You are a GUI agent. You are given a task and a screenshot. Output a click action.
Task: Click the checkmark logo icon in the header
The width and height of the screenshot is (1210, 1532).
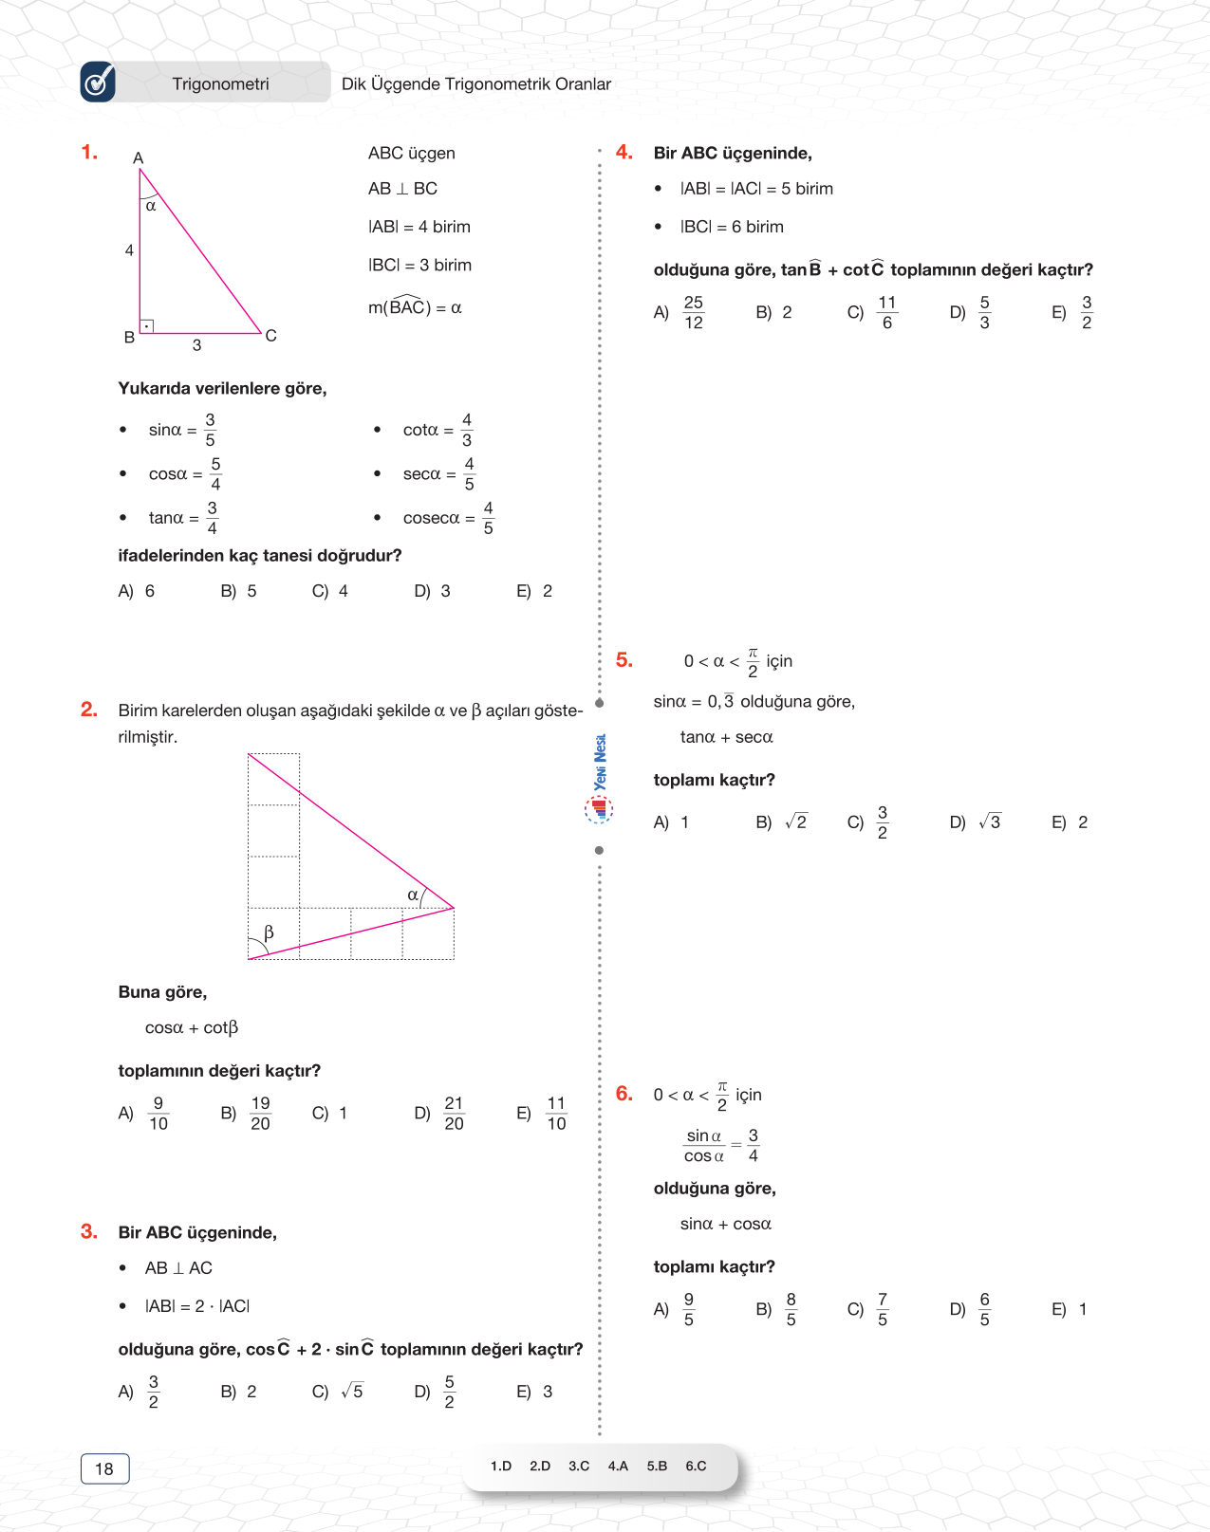[x=98, y=83]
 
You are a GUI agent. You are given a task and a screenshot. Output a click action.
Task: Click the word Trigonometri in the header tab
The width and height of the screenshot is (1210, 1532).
[x=220, y=84]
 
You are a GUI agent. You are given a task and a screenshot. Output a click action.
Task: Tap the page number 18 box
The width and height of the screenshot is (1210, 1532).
[x=104, y=1468]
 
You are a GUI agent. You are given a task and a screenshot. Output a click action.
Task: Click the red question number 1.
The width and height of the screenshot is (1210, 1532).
[x=89, y=152]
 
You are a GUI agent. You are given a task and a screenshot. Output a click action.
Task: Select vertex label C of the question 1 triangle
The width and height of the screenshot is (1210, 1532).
[x=271, y=336]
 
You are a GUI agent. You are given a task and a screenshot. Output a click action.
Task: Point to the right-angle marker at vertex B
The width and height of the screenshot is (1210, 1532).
[x=147, y=326]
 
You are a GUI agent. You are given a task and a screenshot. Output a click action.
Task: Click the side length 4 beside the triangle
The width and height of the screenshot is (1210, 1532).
[x=129, y=250]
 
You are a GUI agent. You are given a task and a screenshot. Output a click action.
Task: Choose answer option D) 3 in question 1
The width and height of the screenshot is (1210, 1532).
[x=433, y=591]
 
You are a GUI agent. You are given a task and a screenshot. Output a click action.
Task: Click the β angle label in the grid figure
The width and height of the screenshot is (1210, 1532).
[x=269, y=932]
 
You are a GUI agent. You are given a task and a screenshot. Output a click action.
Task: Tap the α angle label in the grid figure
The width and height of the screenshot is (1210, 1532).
[x=412, y=895]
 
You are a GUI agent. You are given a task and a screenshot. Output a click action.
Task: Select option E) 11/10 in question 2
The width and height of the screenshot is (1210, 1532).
[x=545, y=1113]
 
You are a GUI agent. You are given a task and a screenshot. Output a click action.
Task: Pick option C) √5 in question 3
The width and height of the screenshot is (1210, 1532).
[x=340, y=1392]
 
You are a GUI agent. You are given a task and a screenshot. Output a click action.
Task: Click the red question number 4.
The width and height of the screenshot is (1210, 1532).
[x=624, y=152]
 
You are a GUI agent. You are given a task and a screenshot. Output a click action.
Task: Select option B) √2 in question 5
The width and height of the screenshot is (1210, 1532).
[x=783, y=822]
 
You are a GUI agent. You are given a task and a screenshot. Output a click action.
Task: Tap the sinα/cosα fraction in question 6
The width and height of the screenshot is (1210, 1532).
[x=704, y=1146]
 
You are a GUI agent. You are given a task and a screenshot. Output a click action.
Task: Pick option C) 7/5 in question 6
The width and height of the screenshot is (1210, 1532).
[x=869, y=1309]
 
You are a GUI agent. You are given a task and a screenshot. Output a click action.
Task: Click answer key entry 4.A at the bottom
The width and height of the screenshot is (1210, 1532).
[x=618, y=1466]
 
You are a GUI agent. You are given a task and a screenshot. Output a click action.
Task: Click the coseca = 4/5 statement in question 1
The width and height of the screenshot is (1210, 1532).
[x=448, y=518]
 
